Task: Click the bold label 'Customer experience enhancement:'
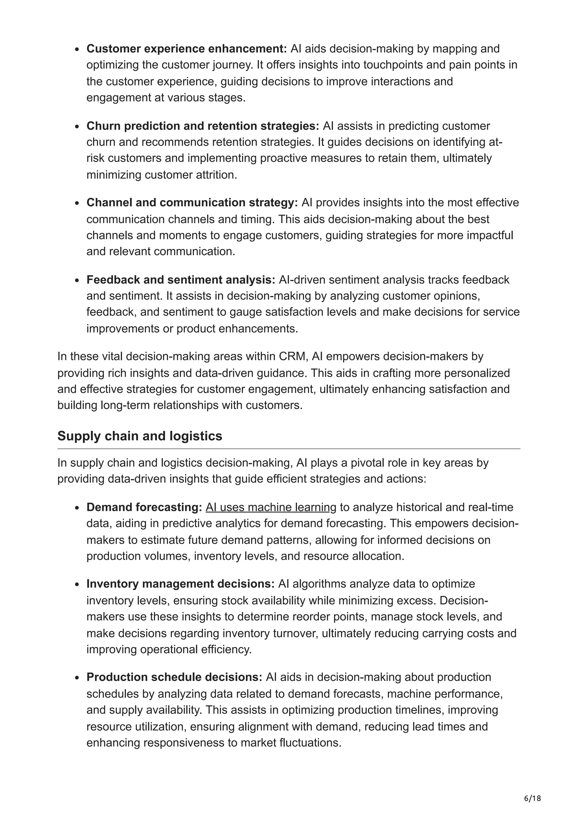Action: click(x=186, y=49)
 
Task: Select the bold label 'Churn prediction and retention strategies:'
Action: click(x=203, y=126)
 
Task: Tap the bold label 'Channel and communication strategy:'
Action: click(x=192, y=203)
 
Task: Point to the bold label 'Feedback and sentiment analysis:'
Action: click(x=181, y=280)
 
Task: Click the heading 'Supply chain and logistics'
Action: click(x=140, y=436)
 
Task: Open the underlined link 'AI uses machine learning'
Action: click(x=271, y=507)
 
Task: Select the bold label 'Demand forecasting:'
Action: click(x=144, y=507)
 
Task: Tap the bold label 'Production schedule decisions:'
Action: click(x=174, y=677)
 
